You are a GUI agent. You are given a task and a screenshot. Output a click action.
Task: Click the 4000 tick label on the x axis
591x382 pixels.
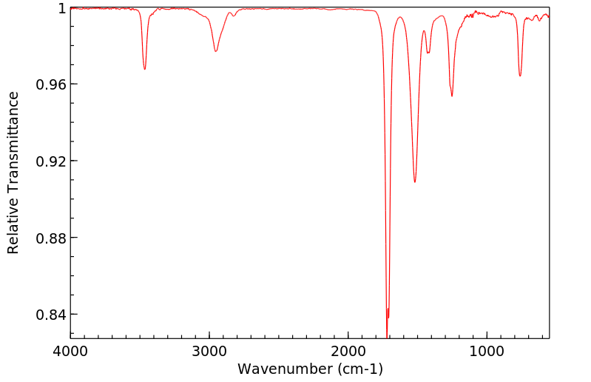tap(70, 350)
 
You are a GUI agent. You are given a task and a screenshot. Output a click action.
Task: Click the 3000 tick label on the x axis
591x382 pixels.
tap(209, 350)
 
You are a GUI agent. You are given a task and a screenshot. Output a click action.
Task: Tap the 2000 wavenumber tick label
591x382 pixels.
tap(348, 350)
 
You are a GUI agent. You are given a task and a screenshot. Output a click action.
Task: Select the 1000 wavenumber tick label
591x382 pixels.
tap(487, 350)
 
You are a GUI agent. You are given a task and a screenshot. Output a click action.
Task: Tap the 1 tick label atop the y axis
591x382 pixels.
tap(62, 8)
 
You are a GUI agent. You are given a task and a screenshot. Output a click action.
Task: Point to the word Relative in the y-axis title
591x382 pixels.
tap(13, 226)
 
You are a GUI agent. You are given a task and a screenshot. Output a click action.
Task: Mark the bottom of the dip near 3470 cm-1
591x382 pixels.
tap(144, 70)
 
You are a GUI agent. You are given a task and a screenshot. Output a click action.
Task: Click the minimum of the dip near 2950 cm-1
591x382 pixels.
tap(216, 51)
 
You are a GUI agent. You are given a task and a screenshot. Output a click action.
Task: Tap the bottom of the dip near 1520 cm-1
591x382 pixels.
tap(415, 182)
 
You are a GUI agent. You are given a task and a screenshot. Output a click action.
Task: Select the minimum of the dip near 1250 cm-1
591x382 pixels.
tap(452, 95)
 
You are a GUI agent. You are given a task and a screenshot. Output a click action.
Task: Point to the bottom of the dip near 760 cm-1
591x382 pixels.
tap(520, 76)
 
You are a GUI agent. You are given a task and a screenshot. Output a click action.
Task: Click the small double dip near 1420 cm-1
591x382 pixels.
tap(428, 53)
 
